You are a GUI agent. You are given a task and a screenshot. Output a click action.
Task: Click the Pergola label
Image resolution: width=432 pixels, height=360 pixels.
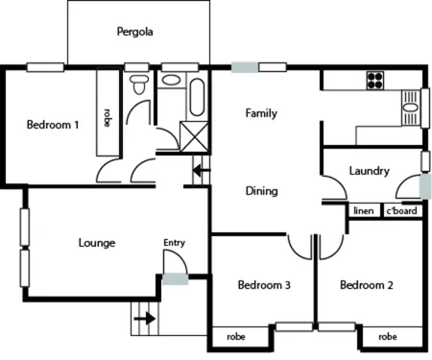[135, 32]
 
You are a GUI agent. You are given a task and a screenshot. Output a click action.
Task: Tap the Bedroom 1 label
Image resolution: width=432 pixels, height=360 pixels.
[54, 124]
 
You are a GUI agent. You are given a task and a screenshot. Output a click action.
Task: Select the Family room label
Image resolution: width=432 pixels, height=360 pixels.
[261, 113]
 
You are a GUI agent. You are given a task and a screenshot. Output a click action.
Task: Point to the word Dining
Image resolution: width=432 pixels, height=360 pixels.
[261, 190]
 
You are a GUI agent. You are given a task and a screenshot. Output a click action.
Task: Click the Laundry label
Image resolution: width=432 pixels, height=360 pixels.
[369, 172]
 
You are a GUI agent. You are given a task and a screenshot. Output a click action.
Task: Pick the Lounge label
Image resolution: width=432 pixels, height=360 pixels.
[96, 243]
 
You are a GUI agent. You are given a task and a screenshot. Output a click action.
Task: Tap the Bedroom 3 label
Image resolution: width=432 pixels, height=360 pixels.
[264, 285]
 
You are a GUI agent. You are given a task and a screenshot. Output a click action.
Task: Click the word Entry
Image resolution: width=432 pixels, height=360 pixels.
[174, 243]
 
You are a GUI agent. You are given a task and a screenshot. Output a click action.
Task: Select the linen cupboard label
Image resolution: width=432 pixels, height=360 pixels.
[363, 210]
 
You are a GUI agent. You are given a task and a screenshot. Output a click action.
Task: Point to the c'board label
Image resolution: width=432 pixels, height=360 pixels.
[401, 210]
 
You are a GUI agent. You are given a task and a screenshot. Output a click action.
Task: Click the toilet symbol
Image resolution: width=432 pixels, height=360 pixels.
[140, 86]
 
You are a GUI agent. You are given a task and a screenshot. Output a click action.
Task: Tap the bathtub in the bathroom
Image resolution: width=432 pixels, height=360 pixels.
[197, 97]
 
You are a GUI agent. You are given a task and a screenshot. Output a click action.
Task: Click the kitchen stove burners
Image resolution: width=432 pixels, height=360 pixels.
[372, 81]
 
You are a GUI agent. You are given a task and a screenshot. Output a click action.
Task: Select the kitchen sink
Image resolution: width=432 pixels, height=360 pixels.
[411, 108]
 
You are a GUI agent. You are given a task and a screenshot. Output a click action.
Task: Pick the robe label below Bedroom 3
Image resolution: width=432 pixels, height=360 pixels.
[235, 337]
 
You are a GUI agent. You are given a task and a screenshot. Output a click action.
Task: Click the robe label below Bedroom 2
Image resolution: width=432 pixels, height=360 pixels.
[388, 337]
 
